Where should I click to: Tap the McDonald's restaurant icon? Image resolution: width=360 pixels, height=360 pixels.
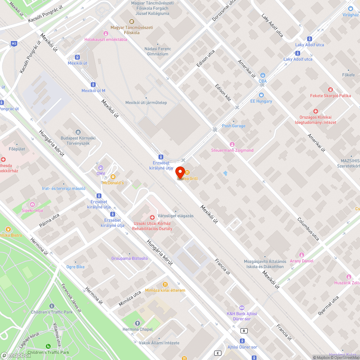[113, 177]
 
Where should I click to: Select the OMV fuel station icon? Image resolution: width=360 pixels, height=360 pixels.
[100, 167]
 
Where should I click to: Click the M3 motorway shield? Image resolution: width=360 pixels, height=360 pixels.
[14, 44]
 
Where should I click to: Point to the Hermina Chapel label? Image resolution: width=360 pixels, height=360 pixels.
[138, 329]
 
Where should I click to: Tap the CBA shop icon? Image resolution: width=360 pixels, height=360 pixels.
[263, 75]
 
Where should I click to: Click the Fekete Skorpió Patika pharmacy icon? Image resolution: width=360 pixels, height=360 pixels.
[330, 90]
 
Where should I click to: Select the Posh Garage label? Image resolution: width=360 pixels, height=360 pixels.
[234, 126]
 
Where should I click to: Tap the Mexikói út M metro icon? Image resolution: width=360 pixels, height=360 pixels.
[93, 85]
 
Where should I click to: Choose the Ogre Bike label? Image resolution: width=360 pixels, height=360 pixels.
[76, 267]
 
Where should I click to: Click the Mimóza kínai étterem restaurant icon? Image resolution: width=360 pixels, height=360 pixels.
[165, 284]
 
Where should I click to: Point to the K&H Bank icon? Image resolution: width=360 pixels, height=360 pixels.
[242, 307]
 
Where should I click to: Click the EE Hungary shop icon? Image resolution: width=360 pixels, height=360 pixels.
[261, 95]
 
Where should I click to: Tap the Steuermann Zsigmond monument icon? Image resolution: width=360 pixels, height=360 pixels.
[232, 144]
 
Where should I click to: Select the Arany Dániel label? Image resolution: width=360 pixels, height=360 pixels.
[302, 261]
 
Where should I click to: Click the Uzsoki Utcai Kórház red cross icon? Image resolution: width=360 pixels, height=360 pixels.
[152, 217]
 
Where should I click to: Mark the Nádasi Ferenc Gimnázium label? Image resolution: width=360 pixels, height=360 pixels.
[158, 51]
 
